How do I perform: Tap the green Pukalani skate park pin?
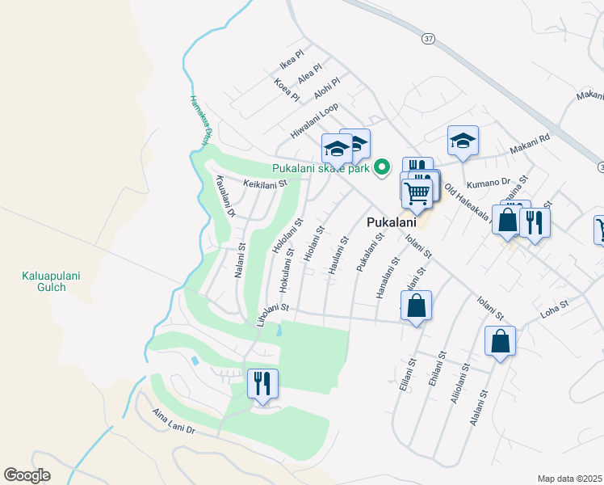click(x=384, y=167)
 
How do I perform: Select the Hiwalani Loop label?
click(x=314, y=122)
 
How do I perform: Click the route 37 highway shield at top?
click(x=427, y=38)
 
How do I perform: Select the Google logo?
click(x=27, y=475)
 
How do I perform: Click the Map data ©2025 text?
click(x=569, y=479)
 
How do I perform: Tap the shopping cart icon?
click(x=417, y=193)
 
